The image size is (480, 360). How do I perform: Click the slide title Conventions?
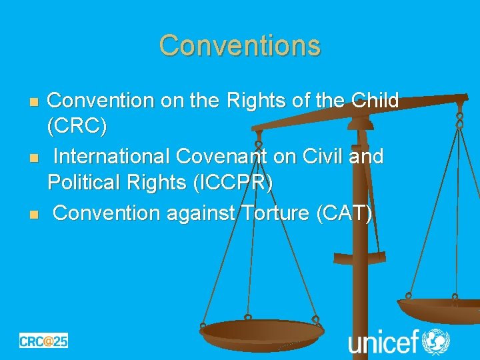[240, 45]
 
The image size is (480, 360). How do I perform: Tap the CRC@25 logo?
[43, 340]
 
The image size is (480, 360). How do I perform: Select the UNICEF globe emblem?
[437, 341]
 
